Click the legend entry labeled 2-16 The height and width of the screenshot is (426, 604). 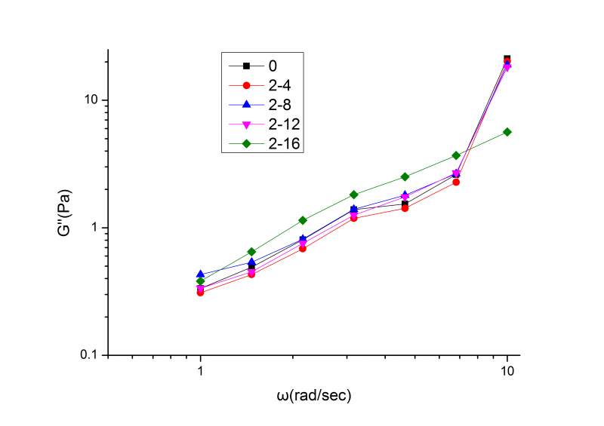(x=279, y=141)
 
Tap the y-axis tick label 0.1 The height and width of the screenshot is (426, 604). (x=91, y=355)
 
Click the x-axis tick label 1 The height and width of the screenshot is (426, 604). (x=200, y=371)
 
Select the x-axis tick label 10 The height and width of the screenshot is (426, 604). (x=507, y=371)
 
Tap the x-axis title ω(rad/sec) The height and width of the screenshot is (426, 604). (x=313, y=395)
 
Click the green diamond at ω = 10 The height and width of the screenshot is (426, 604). (x=507, y=132)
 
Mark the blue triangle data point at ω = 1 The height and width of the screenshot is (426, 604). (x=200, y=274)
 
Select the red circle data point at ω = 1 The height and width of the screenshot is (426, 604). (x=200, y=293)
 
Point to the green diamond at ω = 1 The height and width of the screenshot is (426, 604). (x=200, y=281)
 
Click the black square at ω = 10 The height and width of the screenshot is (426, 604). (x=507, y=59)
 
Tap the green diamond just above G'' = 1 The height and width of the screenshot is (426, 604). (x=303, y=220)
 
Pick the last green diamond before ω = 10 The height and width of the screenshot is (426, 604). (x=456, y=155)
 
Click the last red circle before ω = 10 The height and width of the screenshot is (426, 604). (x=456, y=182)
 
